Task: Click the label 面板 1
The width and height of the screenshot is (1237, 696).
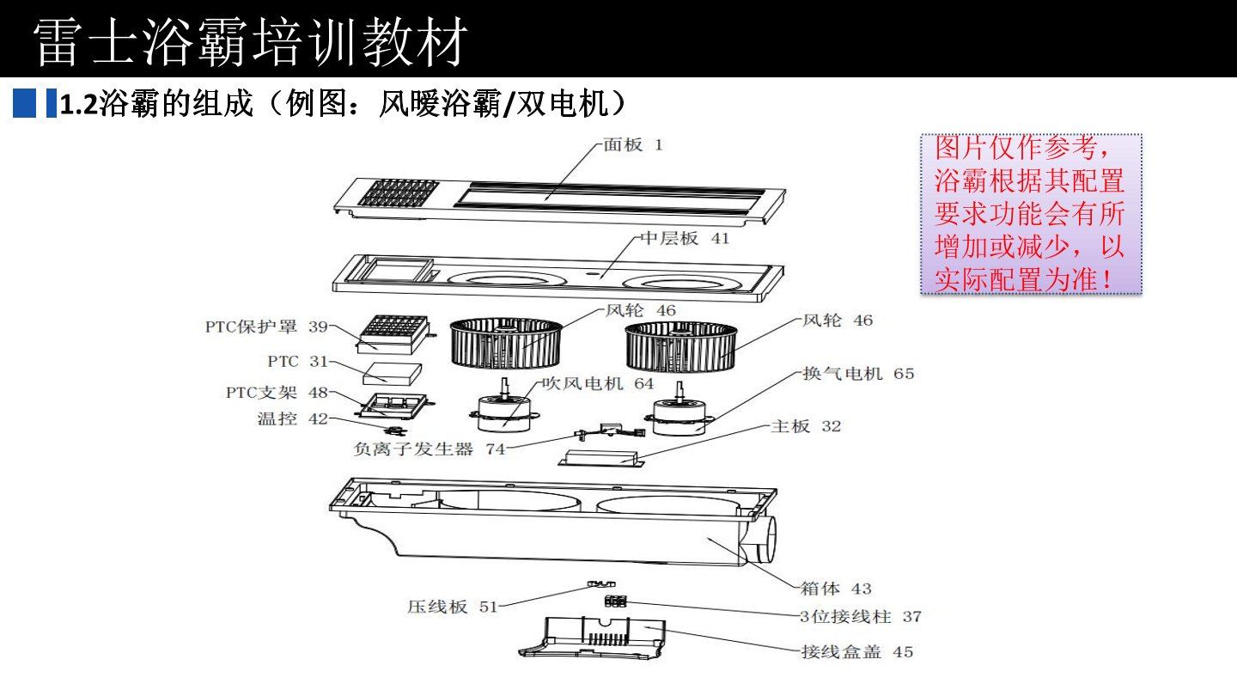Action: pyautogui.click(x=632, y=145)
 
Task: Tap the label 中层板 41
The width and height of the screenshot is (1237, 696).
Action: pyautogui.click(x=684, y=239)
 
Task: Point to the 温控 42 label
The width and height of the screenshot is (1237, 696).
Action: pyautogui.click(x=292, y=418)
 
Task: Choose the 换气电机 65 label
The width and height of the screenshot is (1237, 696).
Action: pyautogui.click(x=857, y=374)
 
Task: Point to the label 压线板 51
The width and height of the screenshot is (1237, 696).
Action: pyautogui.click(x=452, y=607)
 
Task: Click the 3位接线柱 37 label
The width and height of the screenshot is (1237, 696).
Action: pyautogui.click(x=860, y=616)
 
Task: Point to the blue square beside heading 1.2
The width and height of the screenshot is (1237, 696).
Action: pyautogui.click(x=25, y=104)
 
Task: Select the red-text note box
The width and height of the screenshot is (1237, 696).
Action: pyautogui.click(x=1030, y=214)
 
